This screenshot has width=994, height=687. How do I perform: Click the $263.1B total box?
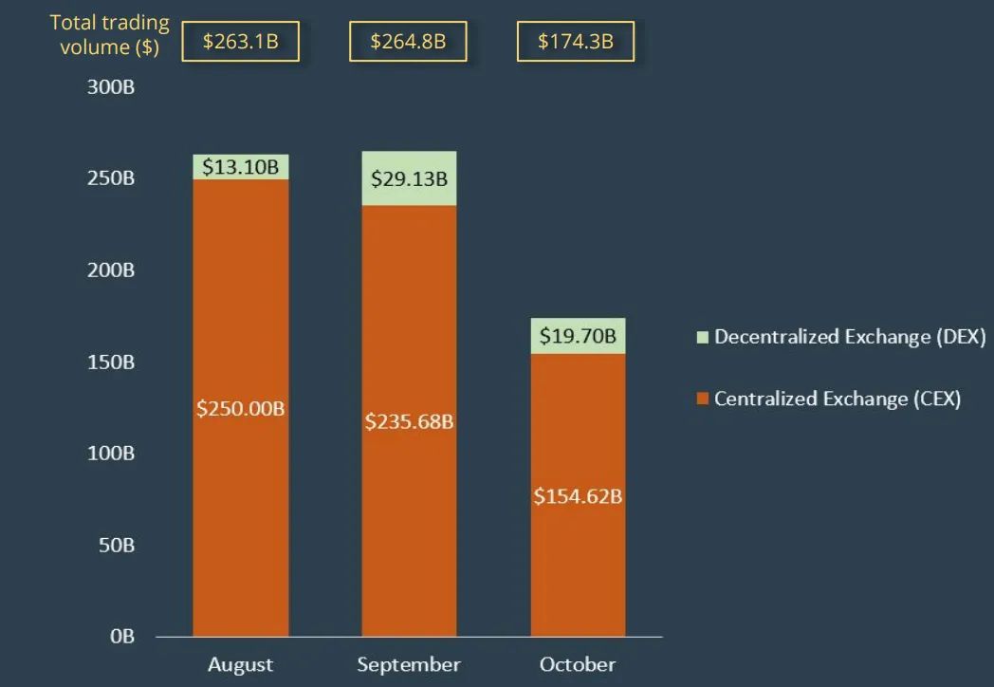click(x=240, y=42)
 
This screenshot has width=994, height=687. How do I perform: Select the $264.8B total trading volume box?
click(x=408, y=42)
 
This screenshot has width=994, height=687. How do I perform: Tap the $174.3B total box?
click(x=575, y=42)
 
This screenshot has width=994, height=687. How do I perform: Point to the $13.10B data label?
click(x=241, y=168)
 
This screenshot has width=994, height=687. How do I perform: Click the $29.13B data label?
click(x=409, y=178)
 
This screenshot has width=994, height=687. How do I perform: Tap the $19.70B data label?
click(x=578, y=335)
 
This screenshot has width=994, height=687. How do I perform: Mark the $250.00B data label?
click(x=241, y=408)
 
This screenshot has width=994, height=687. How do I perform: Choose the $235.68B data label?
click(x=409, y=421)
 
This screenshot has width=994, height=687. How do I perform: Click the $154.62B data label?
click(x=578, y=495)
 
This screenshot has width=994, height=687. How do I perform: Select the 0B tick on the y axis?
click(x=122, y=637)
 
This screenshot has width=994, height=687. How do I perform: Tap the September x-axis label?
click(x=409, y=664)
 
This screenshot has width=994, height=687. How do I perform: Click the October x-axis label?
click(x=578, y=664)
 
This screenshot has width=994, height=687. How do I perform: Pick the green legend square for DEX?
click(x=703, y=337)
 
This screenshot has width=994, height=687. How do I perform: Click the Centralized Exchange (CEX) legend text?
click(x=838, y=399)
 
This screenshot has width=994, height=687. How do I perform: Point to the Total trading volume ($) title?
click(x=110, y=34)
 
